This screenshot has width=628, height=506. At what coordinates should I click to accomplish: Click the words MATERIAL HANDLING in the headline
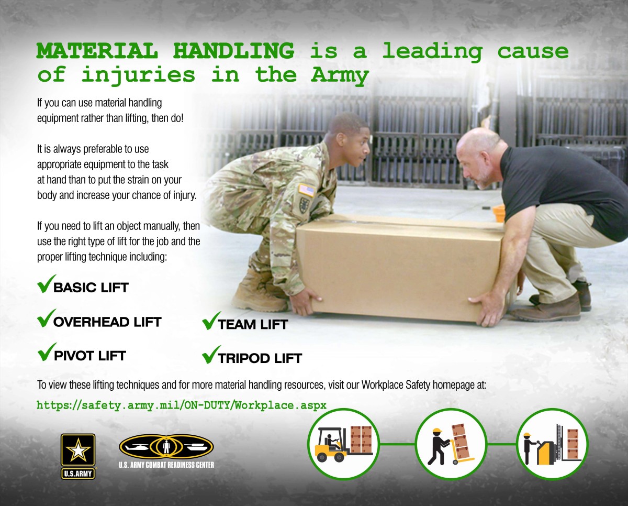(165, 51)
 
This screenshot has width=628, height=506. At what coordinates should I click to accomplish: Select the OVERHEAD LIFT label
(107, 321)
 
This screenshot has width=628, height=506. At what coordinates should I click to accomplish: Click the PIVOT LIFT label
(89, 356)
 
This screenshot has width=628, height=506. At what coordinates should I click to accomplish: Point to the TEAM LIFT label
(252, 324)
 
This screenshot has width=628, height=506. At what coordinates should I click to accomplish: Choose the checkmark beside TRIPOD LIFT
(209, 357)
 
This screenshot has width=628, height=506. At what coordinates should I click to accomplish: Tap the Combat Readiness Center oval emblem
(166, 447)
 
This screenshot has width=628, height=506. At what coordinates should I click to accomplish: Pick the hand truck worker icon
(451, 444)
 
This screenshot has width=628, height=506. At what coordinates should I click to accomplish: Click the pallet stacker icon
(552, 444)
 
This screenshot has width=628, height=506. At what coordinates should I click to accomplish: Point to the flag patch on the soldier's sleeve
(306, 190)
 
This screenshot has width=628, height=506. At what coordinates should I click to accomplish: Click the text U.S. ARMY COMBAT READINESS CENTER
(166, 465)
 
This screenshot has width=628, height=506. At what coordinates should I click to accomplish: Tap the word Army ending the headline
(340, 75)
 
